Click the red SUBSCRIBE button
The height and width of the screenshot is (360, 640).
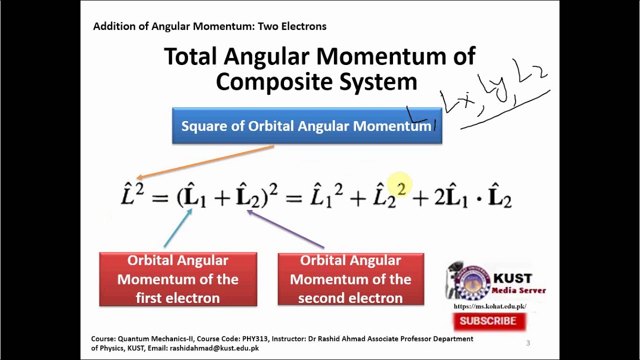[488, 321]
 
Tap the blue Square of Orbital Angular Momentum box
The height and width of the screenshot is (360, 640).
[306, 126]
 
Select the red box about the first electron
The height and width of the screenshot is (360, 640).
[178, 279]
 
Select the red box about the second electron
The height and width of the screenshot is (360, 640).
[350, 279]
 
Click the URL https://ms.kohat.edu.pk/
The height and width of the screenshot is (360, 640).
[489, 306]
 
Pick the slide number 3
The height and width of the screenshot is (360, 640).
[528, 343]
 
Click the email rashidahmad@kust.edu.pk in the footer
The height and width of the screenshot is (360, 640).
[214, 348]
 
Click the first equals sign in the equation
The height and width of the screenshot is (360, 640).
[159, 198]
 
